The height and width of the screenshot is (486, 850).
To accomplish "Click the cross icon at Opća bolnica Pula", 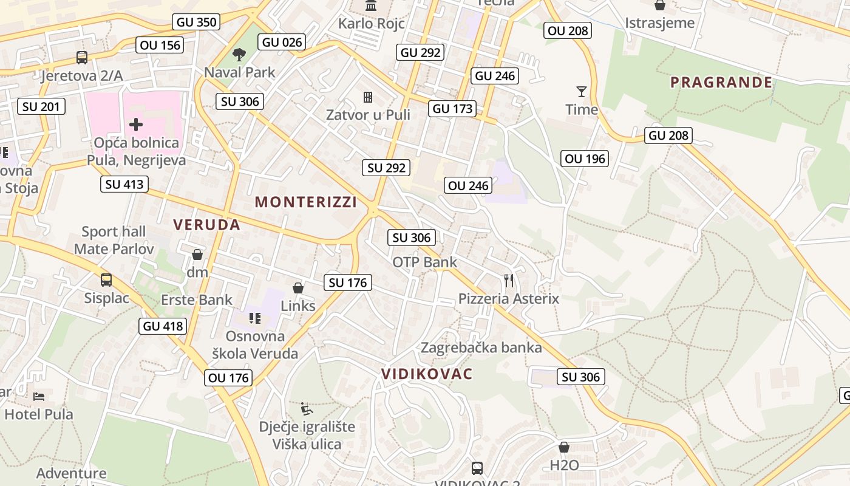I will [x=136, y=125].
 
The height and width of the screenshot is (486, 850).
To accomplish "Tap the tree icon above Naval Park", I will [x=239, y=55].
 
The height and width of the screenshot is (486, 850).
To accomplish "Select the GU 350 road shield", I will [x=196, y=22].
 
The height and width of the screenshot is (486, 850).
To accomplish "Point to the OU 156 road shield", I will [x=160, y=45].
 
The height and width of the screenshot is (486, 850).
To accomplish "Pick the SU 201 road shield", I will [x=41, y=107].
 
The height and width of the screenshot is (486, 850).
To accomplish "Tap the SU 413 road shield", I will [x=124, y=184].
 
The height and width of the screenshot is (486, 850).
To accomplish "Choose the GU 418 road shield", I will [x=163, y=326].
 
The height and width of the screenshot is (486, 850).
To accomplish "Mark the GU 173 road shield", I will [x=452, y=109].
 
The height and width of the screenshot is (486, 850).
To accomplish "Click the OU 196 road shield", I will [x=585, y=159].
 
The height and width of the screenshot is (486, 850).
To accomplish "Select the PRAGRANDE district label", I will [x=721, y=83].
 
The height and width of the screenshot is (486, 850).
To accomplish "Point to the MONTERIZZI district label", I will [x=306, y=202].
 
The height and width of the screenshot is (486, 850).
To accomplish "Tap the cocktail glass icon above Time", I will [x=582, y=92].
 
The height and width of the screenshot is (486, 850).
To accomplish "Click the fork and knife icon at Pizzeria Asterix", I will [x=509, y=281].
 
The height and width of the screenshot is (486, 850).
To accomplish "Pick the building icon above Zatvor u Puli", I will [x=368, y=97].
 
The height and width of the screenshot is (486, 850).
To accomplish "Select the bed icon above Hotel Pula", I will [x=39, y=397].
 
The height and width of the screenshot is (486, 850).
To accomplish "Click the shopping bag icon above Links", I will [x=298, y=288].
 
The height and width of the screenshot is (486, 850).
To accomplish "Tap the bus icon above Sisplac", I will [x=106, y=280].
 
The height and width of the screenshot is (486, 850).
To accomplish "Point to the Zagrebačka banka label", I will [x=481, y=347].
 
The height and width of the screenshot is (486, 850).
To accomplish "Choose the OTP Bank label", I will [x=425, y=262].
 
